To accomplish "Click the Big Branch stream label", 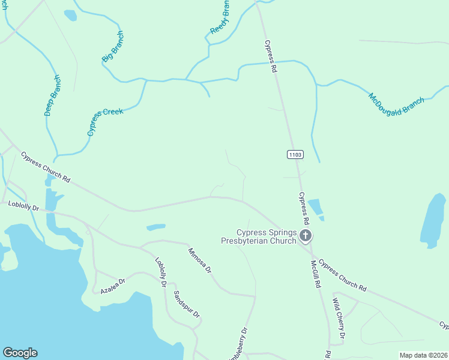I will [x=112, y=46].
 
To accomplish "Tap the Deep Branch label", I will [x=52, y=95].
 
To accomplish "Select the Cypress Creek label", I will [x=105, y=122].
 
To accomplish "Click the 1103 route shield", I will [x=295, y=155].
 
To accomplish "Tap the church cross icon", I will [x=306, y=236].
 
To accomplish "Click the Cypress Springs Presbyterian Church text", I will [x=259, y=236].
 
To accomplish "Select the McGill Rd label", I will [x=314, y=273].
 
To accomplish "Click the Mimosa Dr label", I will [x=200, y=260].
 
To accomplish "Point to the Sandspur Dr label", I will [x=186, y=305].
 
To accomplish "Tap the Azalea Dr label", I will [x=112, y=285].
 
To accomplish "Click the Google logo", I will [x=20, y=353].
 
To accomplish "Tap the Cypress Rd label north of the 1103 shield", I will [x=271, y=56].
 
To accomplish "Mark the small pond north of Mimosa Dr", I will [x=156, y=227].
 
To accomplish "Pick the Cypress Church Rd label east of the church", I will [x=342, y=275].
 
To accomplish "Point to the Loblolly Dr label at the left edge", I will [x=23, y=206].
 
